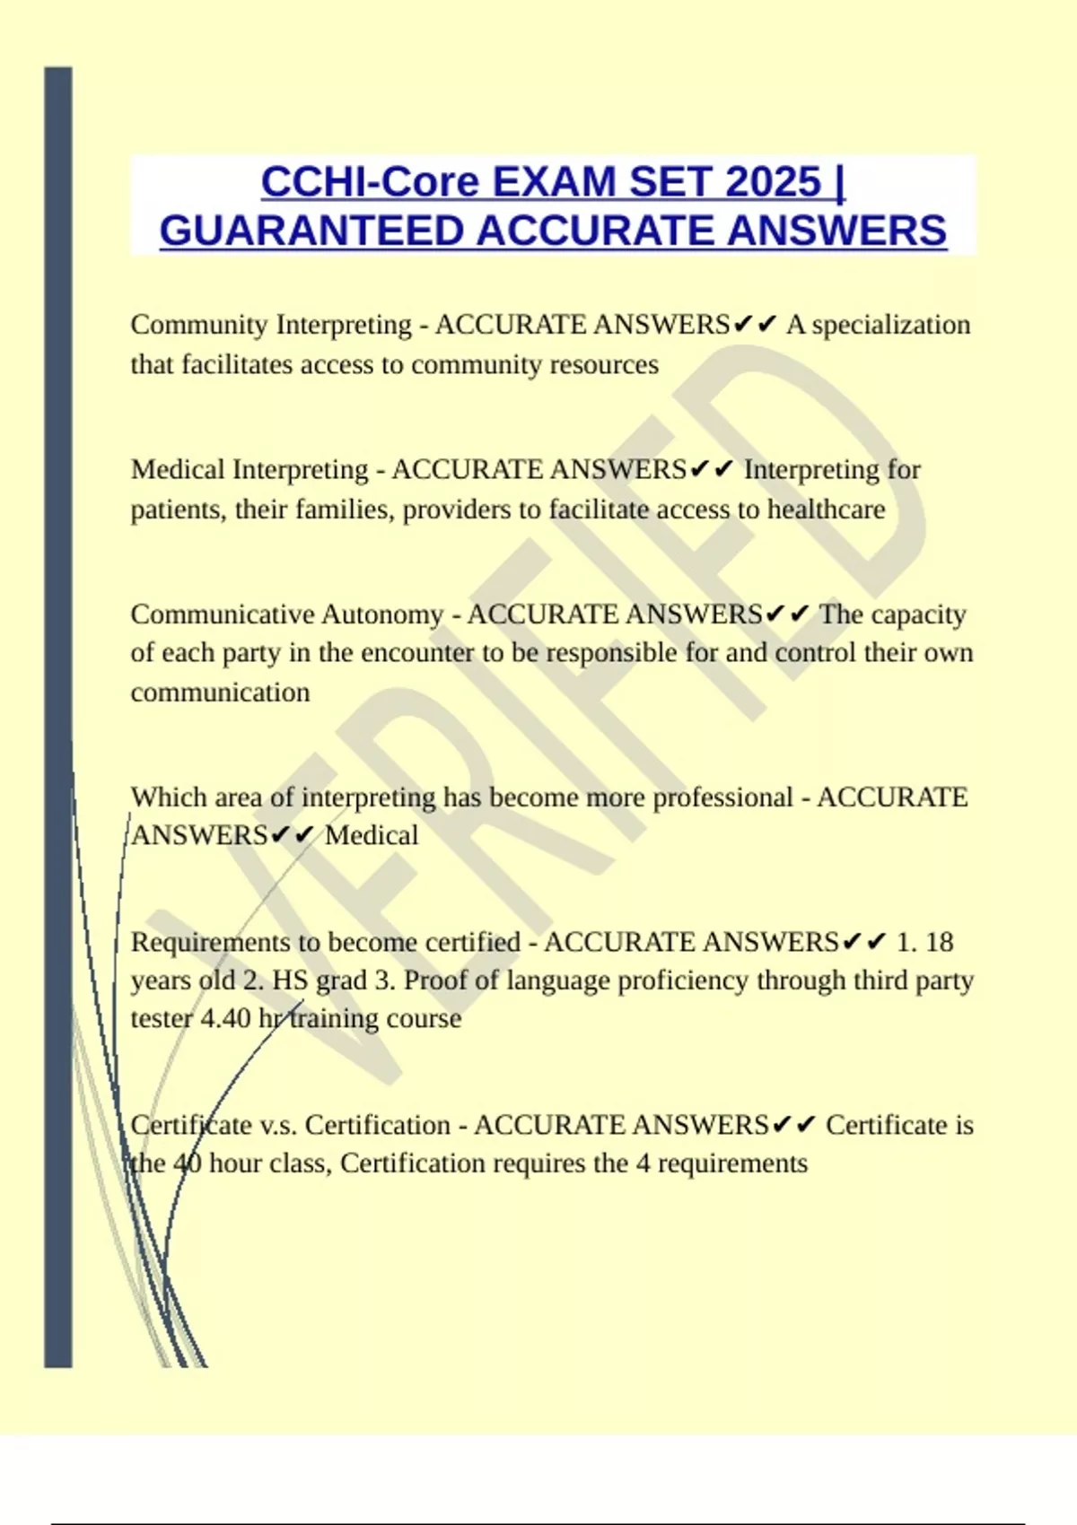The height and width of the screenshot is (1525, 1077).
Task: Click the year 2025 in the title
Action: [x=773, y=182]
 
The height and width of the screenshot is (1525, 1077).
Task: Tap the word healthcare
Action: [x=826, y=510]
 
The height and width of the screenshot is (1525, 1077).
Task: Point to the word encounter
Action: [x=417, y=653]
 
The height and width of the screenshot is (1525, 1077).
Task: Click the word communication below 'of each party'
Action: [x=220, y=693]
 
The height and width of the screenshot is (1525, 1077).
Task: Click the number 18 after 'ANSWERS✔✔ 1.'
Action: [x=939, y=943]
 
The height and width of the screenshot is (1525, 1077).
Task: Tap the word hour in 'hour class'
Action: [x=235, y=1164]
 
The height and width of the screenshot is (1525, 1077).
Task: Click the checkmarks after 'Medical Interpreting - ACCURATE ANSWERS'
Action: [x=713, y=469]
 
